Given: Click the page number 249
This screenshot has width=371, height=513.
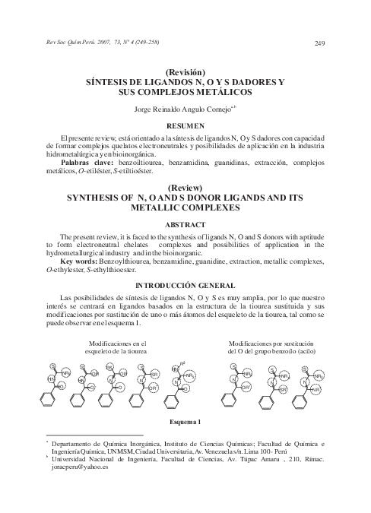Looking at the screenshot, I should pyautogui.click(x=319, y=43).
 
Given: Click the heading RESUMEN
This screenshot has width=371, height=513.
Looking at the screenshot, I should pyautogui.click(x=185, y=124).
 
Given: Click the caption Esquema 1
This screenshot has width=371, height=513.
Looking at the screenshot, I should pyautogui.click(x=185, y=421).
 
